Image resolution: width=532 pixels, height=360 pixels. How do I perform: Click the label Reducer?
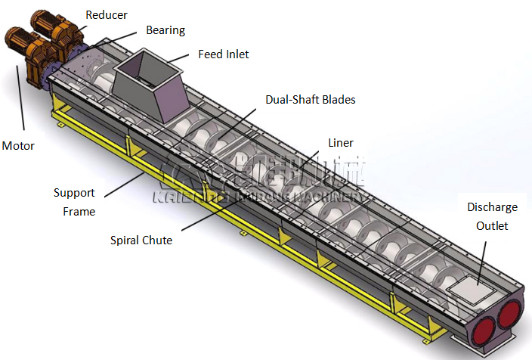107,14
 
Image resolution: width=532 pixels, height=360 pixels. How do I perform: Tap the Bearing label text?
165,30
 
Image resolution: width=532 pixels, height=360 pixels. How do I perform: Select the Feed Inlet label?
223,54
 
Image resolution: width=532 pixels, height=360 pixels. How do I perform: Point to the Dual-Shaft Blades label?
310,99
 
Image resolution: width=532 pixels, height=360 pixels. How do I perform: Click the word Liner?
340,142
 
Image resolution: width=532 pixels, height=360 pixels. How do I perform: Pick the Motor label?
18,145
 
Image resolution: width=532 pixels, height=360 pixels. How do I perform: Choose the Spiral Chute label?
141,241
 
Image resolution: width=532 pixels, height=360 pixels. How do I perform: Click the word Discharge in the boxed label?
492,206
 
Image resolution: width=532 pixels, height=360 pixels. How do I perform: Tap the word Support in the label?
74,193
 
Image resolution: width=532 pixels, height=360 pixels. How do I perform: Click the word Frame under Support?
79,212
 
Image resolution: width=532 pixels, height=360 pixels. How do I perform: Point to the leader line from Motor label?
22,98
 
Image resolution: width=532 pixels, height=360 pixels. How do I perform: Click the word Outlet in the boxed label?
492,225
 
